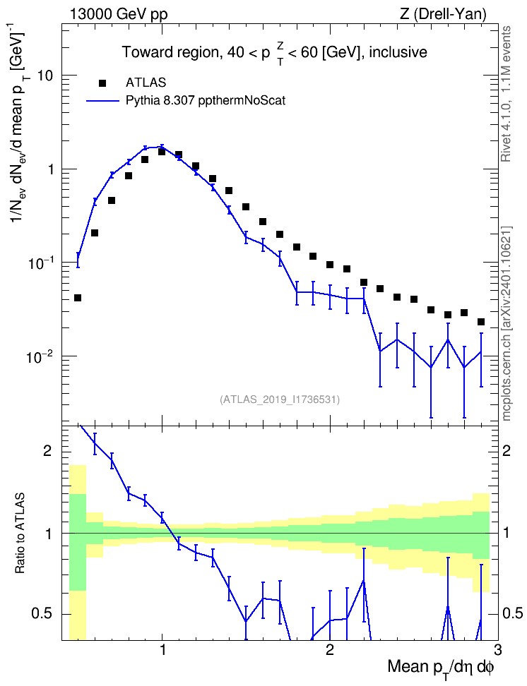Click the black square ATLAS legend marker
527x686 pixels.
(x=102, y=83)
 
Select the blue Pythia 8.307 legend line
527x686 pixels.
(x=102, y=101)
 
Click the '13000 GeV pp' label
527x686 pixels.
(x=118, y=14)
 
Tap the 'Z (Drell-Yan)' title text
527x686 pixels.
(x=443, y=14)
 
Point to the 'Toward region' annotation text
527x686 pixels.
(x=170, y=52)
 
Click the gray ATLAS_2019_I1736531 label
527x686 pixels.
(x=279, y=399)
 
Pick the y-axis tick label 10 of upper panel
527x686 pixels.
(x=45, y=76)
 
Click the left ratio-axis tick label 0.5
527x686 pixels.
(x=42, y=614)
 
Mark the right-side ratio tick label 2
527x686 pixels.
(x=507, y=452)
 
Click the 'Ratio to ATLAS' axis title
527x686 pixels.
(x=20, y=534)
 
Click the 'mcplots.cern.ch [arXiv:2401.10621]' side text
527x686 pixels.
(x=507, y=324)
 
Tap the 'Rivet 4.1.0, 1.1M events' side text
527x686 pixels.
(x=506, y=94)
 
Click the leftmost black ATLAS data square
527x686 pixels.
(x=78, y=298)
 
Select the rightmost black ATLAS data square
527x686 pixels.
(x=481, y=322)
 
